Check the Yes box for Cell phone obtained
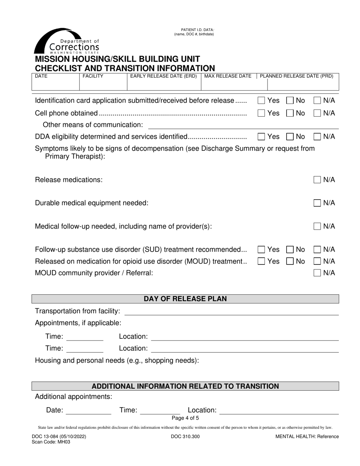(261, 113)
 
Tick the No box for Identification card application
(290, 100)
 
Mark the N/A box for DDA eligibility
(317, 136)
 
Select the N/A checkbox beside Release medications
(317, 180)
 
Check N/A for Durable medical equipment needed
(317, 203)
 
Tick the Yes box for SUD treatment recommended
(261, 249)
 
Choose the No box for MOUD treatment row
(290, 261)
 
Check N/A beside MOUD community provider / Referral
(317, 273)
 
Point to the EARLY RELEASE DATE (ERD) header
(163, 76)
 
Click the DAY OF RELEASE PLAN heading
(185, 299)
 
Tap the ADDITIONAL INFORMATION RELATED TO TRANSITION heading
(185, 386)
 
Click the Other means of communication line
(243, 125)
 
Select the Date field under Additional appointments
(89, 411)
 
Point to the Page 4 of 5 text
(185, 418)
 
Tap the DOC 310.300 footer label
(185, 436)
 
